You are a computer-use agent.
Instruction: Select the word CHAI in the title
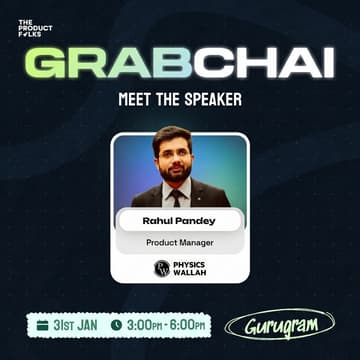[x=263, y=63]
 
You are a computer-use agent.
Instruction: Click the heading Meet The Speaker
[x=179, y=101]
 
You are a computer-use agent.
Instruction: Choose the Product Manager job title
[x=180, y=242]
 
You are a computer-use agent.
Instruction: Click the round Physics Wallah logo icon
[x=161, y=268]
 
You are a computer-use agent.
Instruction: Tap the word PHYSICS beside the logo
[x=189, y=264]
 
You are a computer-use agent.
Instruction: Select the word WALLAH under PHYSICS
[x=188, y=273]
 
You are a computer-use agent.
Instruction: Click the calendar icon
[x=42, y=325]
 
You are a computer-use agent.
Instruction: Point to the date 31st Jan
[x=75, y=325]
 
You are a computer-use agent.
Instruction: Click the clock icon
[x=116, y=325]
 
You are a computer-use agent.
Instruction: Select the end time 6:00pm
[x=189, y=325]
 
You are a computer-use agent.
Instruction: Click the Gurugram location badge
[x=279, y=325]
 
